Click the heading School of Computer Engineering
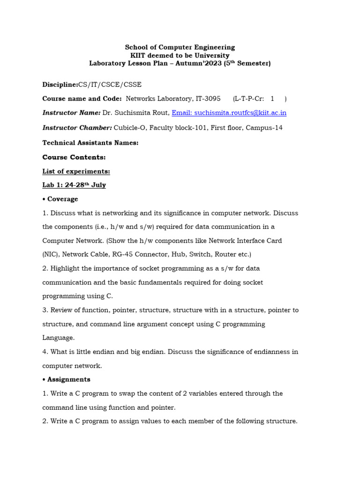(180, 47)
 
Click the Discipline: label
(60, 85)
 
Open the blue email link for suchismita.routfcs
(229, 113)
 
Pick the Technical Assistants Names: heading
(90, 143)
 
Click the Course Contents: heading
(74, 157)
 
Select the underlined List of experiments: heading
(76, 172)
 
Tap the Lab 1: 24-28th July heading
(74, 185)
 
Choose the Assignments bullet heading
(68, 380)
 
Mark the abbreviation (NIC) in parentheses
(51, 255)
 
